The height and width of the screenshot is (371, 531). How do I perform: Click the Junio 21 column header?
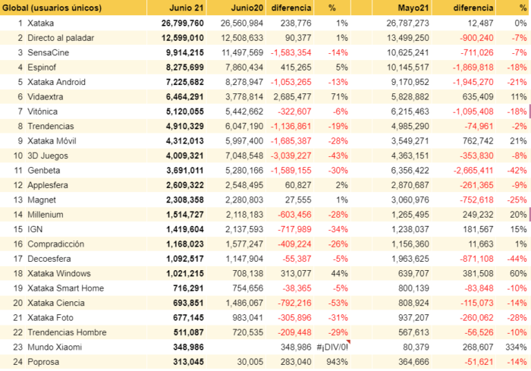click(187, 8)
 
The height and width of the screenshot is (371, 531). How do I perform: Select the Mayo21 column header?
click(413, 8)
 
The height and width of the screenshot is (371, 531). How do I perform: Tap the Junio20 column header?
click(247, 8)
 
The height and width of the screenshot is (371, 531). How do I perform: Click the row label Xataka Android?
click(56, 82)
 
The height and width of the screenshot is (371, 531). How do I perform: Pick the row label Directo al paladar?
click(61, 38)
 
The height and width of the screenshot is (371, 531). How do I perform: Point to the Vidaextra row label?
click(45, 97)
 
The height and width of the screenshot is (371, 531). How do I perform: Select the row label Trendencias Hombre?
click(67, 332)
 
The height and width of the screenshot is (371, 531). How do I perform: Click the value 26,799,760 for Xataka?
click(183, 23)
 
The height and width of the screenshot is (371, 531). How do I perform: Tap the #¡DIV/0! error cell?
click(332, 347)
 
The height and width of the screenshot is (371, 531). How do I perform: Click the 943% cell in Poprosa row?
click(337, 362)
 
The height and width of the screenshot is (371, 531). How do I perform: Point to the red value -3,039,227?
click(291, 156)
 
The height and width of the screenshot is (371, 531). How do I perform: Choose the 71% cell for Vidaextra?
click(339, 97)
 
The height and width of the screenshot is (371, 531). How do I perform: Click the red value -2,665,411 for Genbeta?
click(473, 171)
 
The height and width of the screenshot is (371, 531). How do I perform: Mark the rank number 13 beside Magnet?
click(18, 200)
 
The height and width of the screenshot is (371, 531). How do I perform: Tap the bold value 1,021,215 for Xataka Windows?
click(185, 273)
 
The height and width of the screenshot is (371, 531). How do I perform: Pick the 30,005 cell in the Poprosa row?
click(250, 362)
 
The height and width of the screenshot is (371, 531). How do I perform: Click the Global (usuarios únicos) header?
click(52, 8)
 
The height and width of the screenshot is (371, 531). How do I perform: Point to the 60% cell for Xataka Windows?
click(518, 273)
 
